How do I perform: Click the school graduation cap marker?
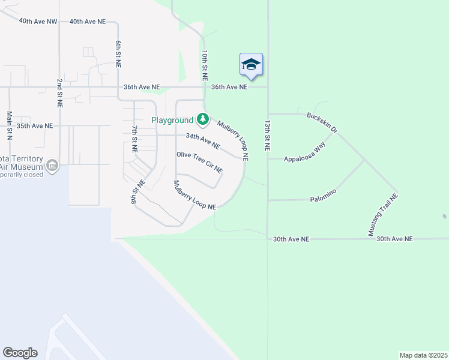point(251,65)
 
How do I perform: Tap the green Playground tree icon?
point(203,120)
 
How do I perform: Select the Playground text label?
point(172,121)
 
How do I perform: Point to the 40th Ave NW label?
point(38,21)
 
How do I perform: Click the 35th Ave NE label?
point(35,126)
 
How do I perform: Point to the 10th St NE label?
point(205,66)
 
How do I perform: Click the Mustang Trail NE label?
point(382,214)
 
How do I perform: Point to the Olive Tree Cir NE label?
point(199,162)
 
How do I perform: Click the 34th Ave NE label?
point(203,141)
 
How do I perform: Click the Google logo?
point(20,353)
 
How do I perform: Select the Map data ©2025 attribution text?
point(423,355)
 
